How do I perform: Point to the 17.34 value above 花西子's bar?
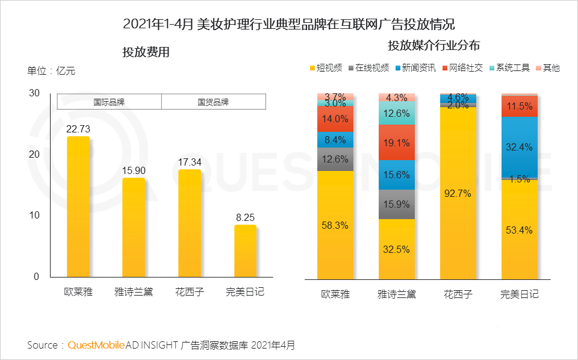point(189,161)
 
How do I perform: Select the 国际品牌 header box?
point(109,102)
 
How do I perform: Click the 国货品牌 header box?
point(213,102)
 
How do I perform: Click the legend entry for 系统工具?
point(510,68)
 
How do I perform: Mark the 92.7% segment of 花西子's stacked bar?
point(458,193)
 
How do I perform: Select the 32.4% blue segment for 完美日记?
point(520,147)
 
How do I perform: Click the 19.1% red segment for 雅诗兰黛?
point(397,143)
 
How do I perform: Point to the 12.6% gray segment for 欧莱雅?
point(335,160)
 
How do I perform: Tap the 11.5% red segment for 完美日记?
point(520,106)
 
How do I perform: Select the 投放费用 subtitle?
point(146,52)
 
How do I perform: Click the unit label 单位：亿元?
point(51,71)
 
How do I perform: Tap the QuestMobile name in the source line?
point(96,345)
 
